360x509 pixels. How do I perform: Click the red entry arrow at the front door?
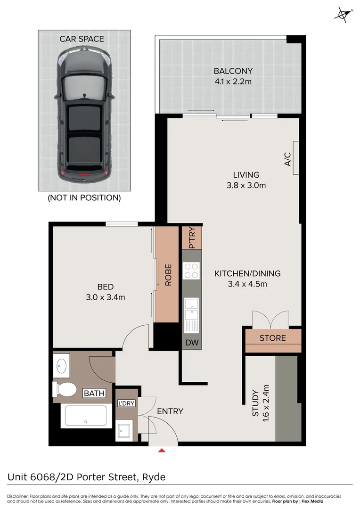tap(162, 451)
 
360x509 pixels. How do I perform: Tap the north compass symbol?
tap(343, 14)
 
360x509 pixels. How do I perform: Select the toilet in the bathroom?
tap(65, 389)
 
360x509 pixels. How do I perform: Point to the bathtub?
tap(86, 416)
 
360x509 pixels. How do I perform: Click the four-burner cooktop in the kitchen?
tap(191, 271)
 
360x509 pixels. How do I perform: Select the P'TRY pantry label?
tap(192, 238)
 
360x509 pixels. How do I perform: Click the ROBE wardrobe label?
tap(168, 275)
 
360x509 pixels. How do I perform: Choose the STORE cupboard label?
tap(272, 338)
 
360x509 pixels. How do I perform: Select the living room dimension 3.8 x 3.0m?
tap(245, 185)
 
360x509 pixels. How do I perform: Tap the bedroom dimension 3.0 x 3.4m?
tap(105, 297)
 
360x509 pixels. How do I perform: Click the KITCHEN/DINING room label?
tap(247, 273)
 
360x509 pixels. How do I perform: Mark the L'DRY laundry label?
tap(127, 403)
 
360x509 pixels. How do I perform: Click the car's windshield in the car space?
tap(84, 86)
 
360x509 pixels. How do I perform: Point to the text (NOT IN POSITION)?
tap(84, 198)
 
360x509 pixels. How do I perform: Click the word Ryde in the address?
tap(155, 477)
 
